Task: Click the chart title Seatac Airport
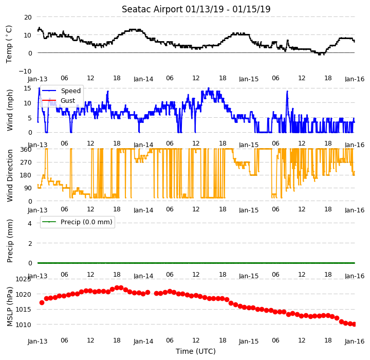tap(152, 9)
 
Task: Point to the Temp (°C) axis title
tap(9, 44)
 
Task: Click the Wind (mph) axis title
tap(10, 110)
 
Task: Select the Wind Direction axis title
tap(10, 175)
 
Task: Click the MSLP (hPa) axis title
tap(10, 307)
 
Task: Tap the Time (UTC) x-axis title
tap(196, 351)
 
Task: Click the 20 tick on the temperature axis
tap(28, 17)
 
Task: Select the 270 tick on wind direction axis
tap(26, 163)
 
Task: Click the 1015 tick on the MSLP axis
tap(23, 310)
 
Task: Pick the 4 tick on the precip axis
tap(30, 223)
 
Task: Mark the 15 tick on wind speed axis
tap(28, 88)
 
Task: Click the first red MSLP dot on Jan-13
tap(42, 302)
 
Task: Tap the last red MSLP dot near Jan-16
tap(354, 325)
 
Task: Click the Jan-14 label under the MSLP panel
tap(143, 341)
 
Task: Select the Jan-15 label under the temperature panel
tap(249, 79)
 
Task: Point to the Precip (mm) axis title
tap(10, 241)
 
